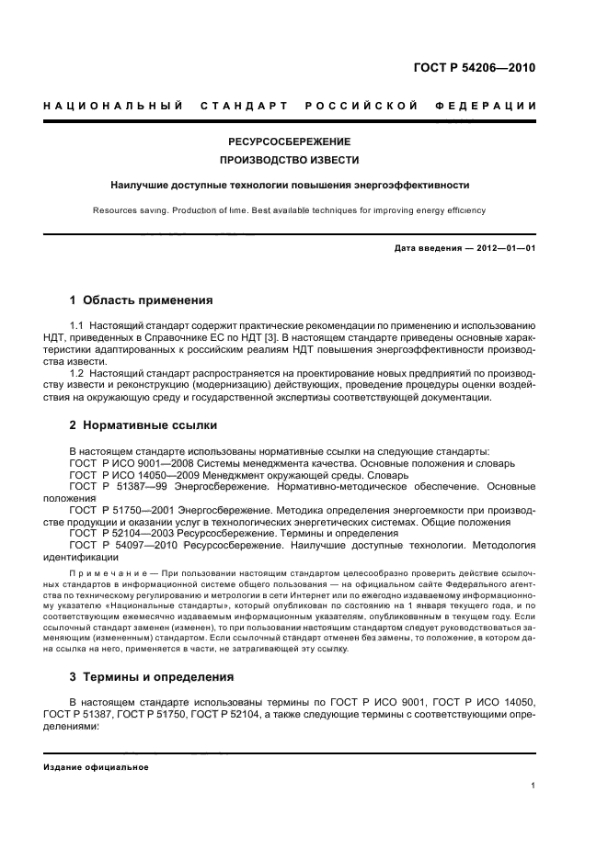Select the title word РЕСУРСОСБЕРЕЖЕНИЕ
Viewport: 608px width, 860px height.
(x=290, y=141)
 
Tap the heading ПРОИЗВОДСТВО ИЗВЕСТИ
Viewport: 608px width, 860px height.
(x=290, y=161)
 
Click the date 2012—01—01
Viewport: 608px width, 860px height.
(x=503, y=248)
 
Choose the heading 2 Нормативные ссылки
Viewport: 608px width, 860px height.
(x=143, y=426)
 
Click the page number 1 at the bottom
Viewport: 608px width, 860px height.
(x=533, y=786)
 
